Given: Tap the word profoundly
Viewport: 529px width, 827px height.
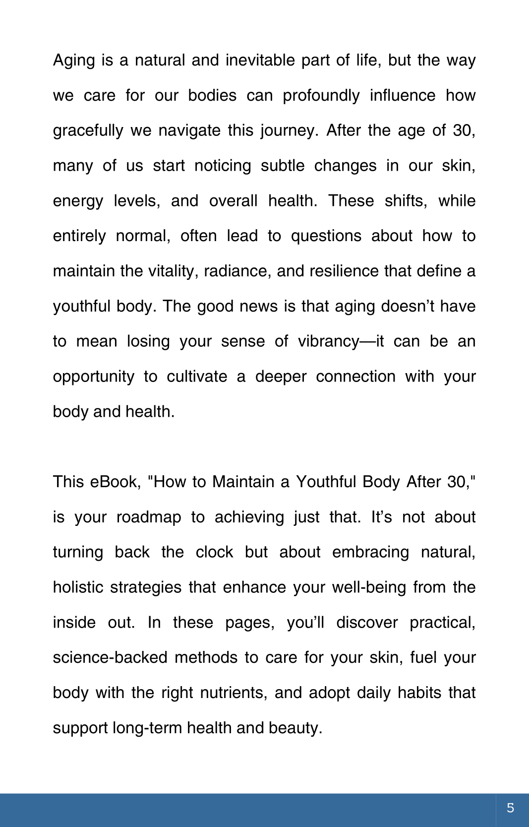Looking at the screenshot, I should click(x=321, y=95).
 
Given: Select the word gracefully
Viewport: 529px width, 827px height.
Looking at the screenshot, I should click(x=88, y=130).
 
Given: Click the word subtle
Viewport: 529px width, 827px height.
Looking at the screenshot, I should click(x=283, y=166).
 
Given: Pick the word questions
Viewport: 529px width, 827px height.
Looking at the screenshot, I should click(x=326, y=236).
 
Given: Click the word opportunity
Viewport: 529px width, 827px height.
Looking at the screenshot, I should click(x=93, y=377).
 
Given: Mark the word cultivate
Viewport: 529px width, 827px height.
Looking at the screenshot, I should click(x=197, y=377).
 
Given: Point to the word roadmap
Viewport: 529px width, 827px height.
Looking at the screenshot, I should click(x=149, y=517).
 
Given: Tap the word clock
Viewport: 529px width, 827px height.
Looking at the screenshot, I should click(x=214, y=552).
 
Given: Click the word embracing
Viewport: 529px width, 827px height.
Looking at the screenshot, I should click(x=370, y=552).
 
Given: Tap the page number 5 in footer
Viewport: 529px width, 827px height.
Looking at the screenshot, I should click(x=510, y=808).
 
